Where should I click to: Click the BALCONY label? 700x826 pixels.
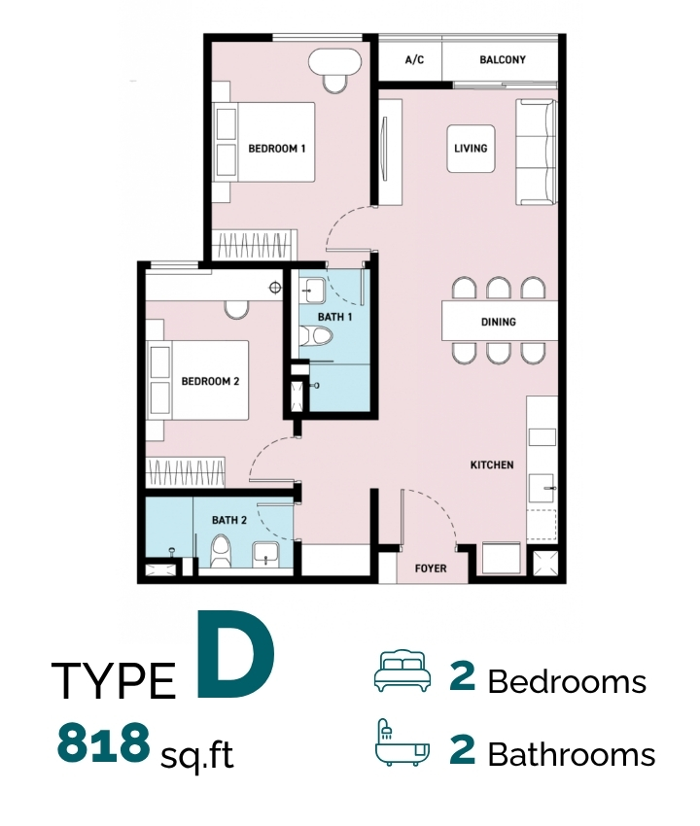pyautogui.click(x=503, y=59)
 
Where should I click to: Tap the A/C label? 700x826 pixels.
pyautogui.click(x=414, y=59)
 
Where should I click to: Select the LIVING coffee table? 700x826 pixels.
pyautogui.click(x=471, y=149)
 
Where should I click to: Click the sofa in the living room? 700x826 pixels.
pyautogui.click(x=536, y=152)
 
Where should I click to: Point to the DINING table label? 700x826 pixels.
pyautogui.click(x=498, y=322)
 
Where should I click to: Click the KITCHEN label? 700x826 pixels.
pyautogui.click(x=492, y=465)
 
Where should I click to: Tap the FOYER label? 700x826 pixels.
pyautogui.click(x=431, y=568)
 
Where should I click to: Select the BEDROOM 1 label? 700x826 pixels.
pyautogui.click(x=277, y=149)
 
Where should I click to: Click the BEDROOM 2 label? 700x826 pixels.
pyautogui.click(x=210, y=381)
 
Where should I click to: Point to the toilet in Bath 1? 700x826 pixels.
pyautogui.click(x=316, y=336)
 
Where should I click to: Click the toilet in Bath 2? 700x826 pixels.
pyautogui.click(x=221, y=551)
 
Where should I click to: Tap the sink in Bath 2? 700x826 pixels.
pyautogui.click(x=265, y=554)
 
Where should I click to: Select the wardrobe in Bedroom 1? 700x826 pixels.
pyautogui.click(x=255, y=245)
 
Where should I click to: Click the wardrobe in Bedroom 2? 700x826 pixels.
pyautogui.click(x=186, y=472)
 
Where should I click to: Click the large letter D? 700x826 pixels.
pyautogui.click(x=236, y=654)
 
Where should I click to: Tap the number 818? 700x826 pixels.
pyautogui.click(x=103, y=742)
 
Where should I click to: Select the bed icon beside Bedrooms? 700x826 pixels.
pyautogui.click(x=402, y=671)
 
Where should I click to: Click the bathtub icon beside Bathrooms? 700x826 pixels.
pyautogui.click(x=402, y=741)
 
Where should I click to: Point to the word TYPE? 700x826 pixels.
pyautogui.click(x=114, y=680)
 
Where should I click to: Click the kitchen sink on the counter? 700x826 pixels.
pyautogui.click(x=542, y=487)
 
